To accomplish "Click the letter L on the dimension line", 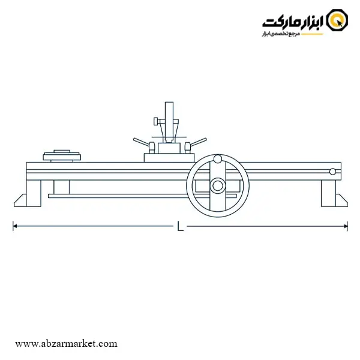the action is click(x=181, y=226).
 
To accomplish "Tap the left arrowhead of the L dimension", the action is click(x=14, y=226).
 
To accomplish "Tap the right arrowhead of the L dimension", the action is click(x=346, y=226).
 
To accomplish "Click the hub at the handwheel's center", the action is click(x=218, y=185).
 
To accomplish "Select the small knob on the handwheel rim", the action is click(x=218, y=159).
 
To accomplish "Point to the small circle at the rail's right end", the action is click(x=332, y=172).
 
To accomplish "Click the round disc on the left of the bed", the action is click(x=62, y=157).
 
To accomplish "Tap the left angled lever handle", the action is click(x=141, y=142).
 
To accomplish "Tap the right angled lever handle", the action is click(x=199, y=142).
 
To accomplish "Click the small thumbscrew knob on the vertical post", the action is click(x=156, y=121).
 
